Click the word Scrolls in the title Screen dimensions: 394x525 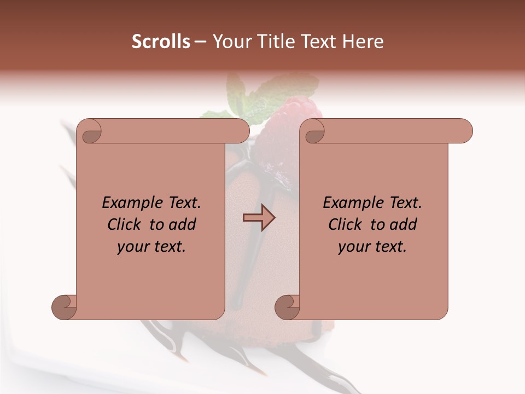(x=161, y=42)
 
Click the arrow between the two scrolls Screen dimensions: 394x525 (x=259, y=218)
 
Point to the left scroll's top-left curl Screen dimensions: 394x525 (x=89, y=132)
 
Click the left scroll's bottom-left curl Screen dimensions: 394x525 (x=65, y=307)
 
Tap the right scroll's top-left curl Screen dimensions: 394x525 (x=313, y=132)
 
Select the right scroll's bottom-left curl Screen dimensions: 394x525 (x=288, y=307)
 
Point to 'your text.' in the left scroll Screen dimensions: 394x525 (x=151, y=247)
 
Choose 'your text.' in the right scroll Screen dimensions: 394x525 (x=372, y=247)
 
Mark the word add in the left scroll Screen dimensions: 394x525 (x=183, y=224)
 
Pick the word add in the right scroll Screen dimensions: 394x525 (x=404, y=224)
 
